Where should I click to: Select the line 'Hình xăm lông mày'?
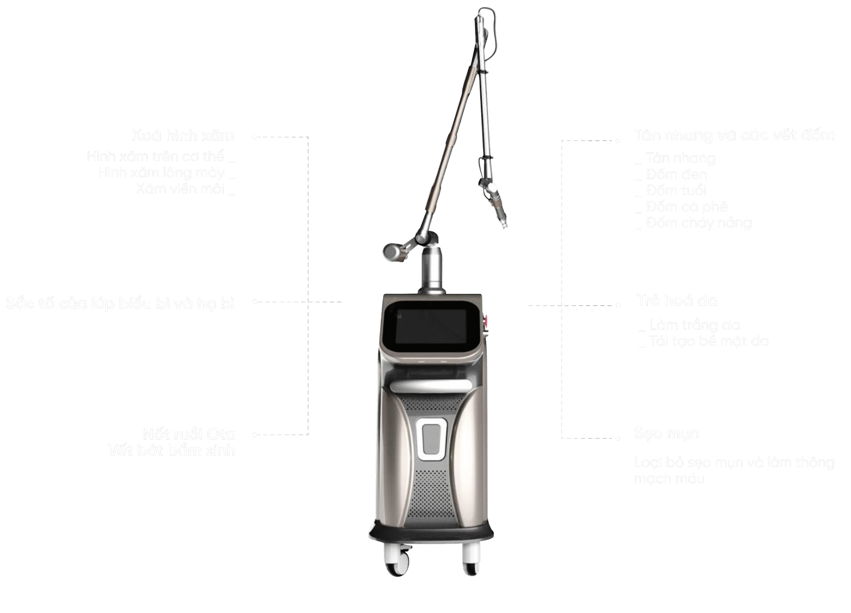[161, 173]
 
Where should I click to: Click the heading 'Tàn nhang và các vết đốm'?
[734, 135]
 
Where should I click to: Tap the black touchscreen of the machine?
[430, 326]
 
